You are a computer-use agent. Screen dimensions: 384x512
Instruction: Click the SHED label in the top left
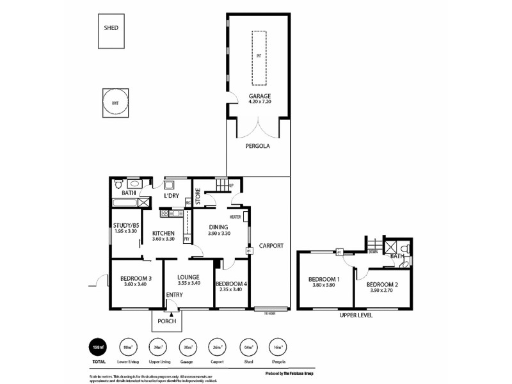point(111,28)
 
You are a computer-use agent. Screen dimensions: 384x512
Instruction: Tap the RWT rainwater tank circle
point(115,102)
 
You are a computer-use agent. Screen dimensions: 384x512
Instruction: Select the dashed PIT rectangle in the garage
point(259,58)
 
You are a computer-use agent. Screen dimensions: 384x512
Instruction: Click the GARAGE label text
point(259,97)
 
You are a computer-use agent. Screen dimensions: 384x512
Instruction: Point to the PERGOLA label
point(258,146)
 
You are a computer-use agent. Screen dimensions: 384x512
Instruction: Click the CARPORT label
point(271,246)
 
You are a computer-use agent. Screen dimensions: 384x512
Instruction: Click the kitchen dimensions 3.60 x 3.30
point(164,239)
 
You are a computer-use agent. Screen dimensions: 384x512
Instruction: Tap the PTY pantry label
point(186,239)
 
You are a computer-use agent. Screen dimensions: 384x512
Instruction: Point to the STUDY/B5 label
point(127,225)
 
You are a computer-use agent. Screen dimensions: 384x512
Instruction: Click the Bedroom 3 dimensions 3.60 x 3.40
point(135,285)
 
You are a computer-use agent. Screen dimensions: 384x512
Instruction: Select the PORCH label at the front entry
point(166,320)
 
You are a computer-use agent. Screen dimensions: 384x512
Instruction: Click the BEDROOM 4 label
point(231,284)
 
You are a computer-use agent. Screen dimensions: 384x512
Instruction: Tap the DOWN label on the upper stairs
point(373,252)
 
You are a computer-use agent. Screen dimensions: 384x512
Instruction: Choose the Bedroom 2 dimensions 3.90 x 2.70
point(383,290)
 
